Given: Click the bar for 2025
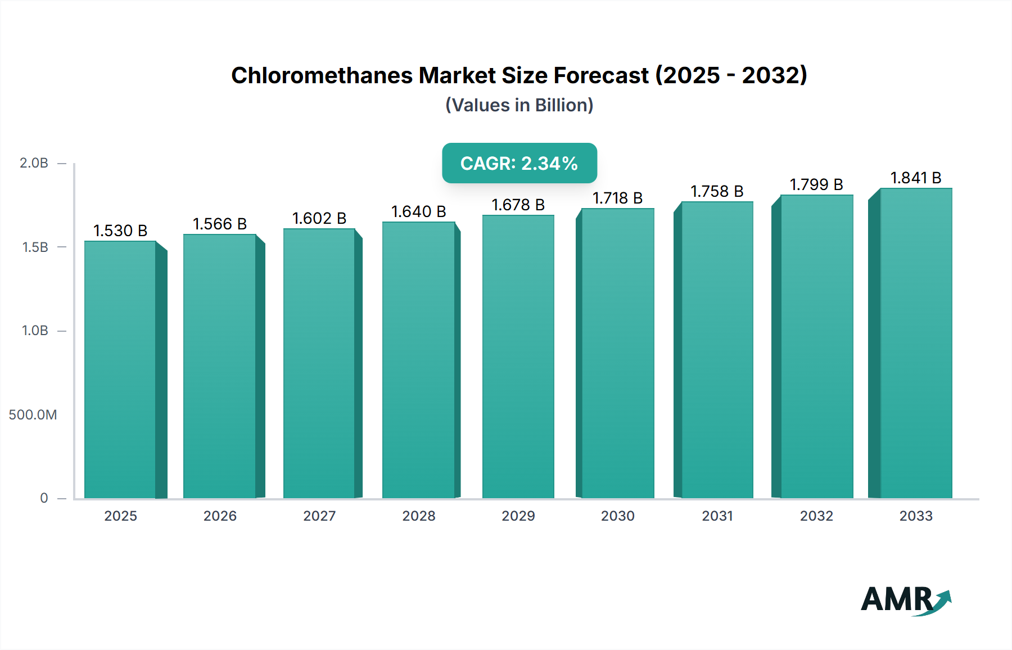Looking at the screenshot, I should (120, 369).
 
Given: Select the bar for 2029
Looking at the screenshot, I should (518, 356).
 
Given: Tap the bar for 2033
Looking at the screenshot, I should (916, 343).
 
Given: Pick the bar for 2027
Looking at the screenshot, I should (319, 363).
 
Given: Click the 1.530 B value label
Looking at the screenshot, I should (120, 231).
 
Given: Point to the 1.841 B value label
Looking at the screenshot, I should (916, 178).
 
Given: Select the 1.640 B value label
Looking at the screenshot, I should (418, 211).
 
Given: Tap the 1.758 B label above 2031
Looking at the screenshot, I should (717, 191).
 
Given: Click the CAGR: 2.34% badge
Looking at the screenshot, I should (519, 163).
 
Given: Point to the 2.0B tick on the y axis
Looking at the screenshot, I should (34, 163).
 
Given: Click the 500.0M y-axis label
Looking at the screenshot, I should (33, 415).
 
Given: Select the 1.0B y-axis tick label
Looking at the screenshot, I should (35, 331).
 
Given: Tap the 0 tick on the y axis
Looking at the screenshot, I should (44, 498).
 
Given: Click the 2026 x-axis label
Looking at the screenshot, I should (220, 516).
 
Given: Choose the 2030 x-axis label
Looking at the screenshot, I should (617, 516).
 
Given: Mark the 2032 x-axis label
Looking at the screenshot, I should (816, 516).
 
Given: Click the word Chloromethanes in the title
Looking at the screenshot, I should (322, 75).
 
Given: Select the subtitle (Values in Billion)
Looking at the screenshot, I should (519, 105).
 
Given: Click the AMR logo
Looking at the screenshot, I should (905, 600).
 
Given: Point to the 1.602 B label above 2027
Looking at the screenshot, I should (319, 218).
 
